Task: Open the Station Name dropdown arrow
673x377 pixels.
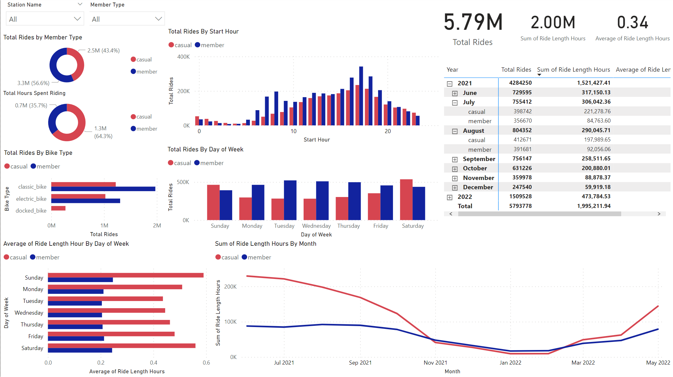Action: click(77, 19)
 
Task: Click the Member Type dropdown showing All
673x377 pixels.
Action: click(127, 19)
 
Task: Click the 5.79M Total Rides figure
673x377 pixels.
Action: click(473, 22)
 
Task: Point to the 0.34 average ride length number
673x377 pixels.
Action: click(632, 23)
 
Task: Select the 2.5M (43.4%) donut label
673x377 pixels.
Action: click(103, 51)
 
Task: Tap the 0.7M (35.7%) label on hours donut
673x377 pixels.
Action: click(31, 105)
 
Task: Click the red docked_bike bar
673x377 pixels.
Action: click(58, 208)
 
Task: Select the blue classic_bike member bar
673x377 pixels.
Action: click(103, 189)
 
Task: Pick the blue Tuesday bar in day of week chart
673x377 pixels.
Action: click(290, 200)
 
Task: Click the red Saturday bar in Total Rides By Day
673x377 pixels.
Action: click(406, 200)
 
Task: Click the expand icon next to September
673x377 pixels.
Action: click(455, 159)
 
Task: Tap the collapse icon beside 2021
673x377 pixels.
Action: click(449, 84)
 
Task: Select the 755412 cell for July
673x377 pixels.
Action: click(522, 102)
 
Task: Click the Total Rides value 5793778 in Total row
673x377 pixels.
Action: click(520, 206)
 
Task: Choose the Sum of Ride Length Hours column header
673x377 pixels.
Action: click(573, 70)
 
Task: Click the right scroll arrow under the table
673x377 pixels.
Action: click(659, 214)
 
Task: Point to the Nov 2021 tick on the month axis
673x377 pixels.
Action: click(435, 362)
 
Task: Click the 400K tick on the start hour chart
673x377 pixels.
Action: click(183, 57)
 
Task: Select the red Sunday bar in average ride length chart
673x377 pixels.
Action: click(125, 275)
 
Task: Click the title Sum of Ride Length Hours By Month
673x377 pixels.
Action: click(265, 244)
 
